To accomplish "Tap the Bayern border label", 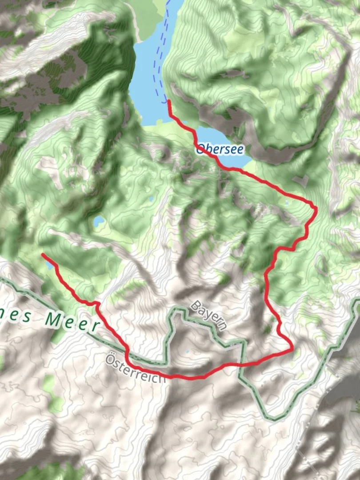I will point(209,315).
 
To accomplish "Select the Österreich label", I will point(134,366).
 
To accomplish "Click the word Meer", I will point(71,321).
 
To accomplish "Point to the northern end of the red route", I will point(169,102).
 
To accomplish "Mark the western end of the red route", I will point(43,255).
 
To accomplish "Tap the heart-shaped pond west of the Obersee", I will point(99,220).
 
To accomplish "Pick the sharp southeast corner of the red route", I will point(292,349).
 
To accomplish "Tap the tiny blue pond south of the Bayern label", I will point(187,352).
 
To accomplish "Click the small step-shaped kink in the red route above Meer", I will point(94,303).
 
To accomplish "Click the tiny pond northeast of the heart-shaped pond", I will point(151,199).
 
